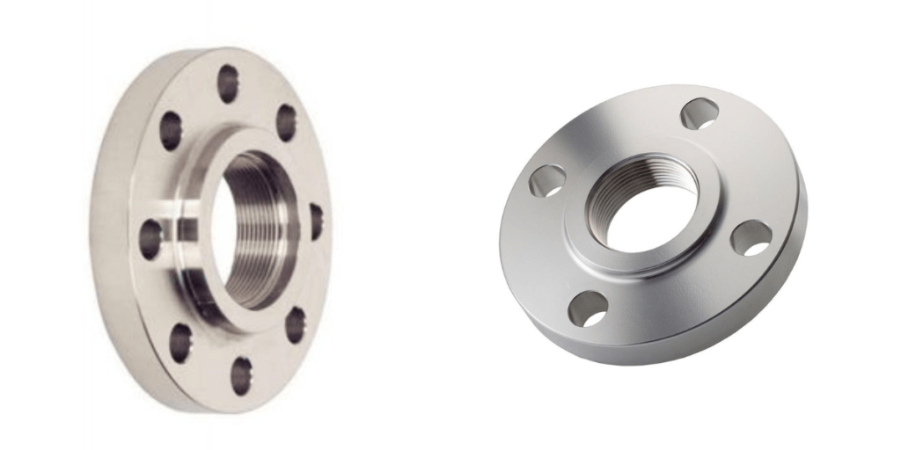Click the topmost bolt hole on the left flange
(228, 83)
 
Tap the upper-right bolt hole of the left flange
(286, 122)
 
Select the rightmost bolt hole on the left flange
(315, 221)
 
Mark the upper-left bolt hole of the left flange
(170, 131)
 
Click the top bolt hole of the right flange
(700, 113)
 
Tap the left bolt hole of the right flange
(546, 180)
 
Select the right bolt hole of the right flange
(751, 238)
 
